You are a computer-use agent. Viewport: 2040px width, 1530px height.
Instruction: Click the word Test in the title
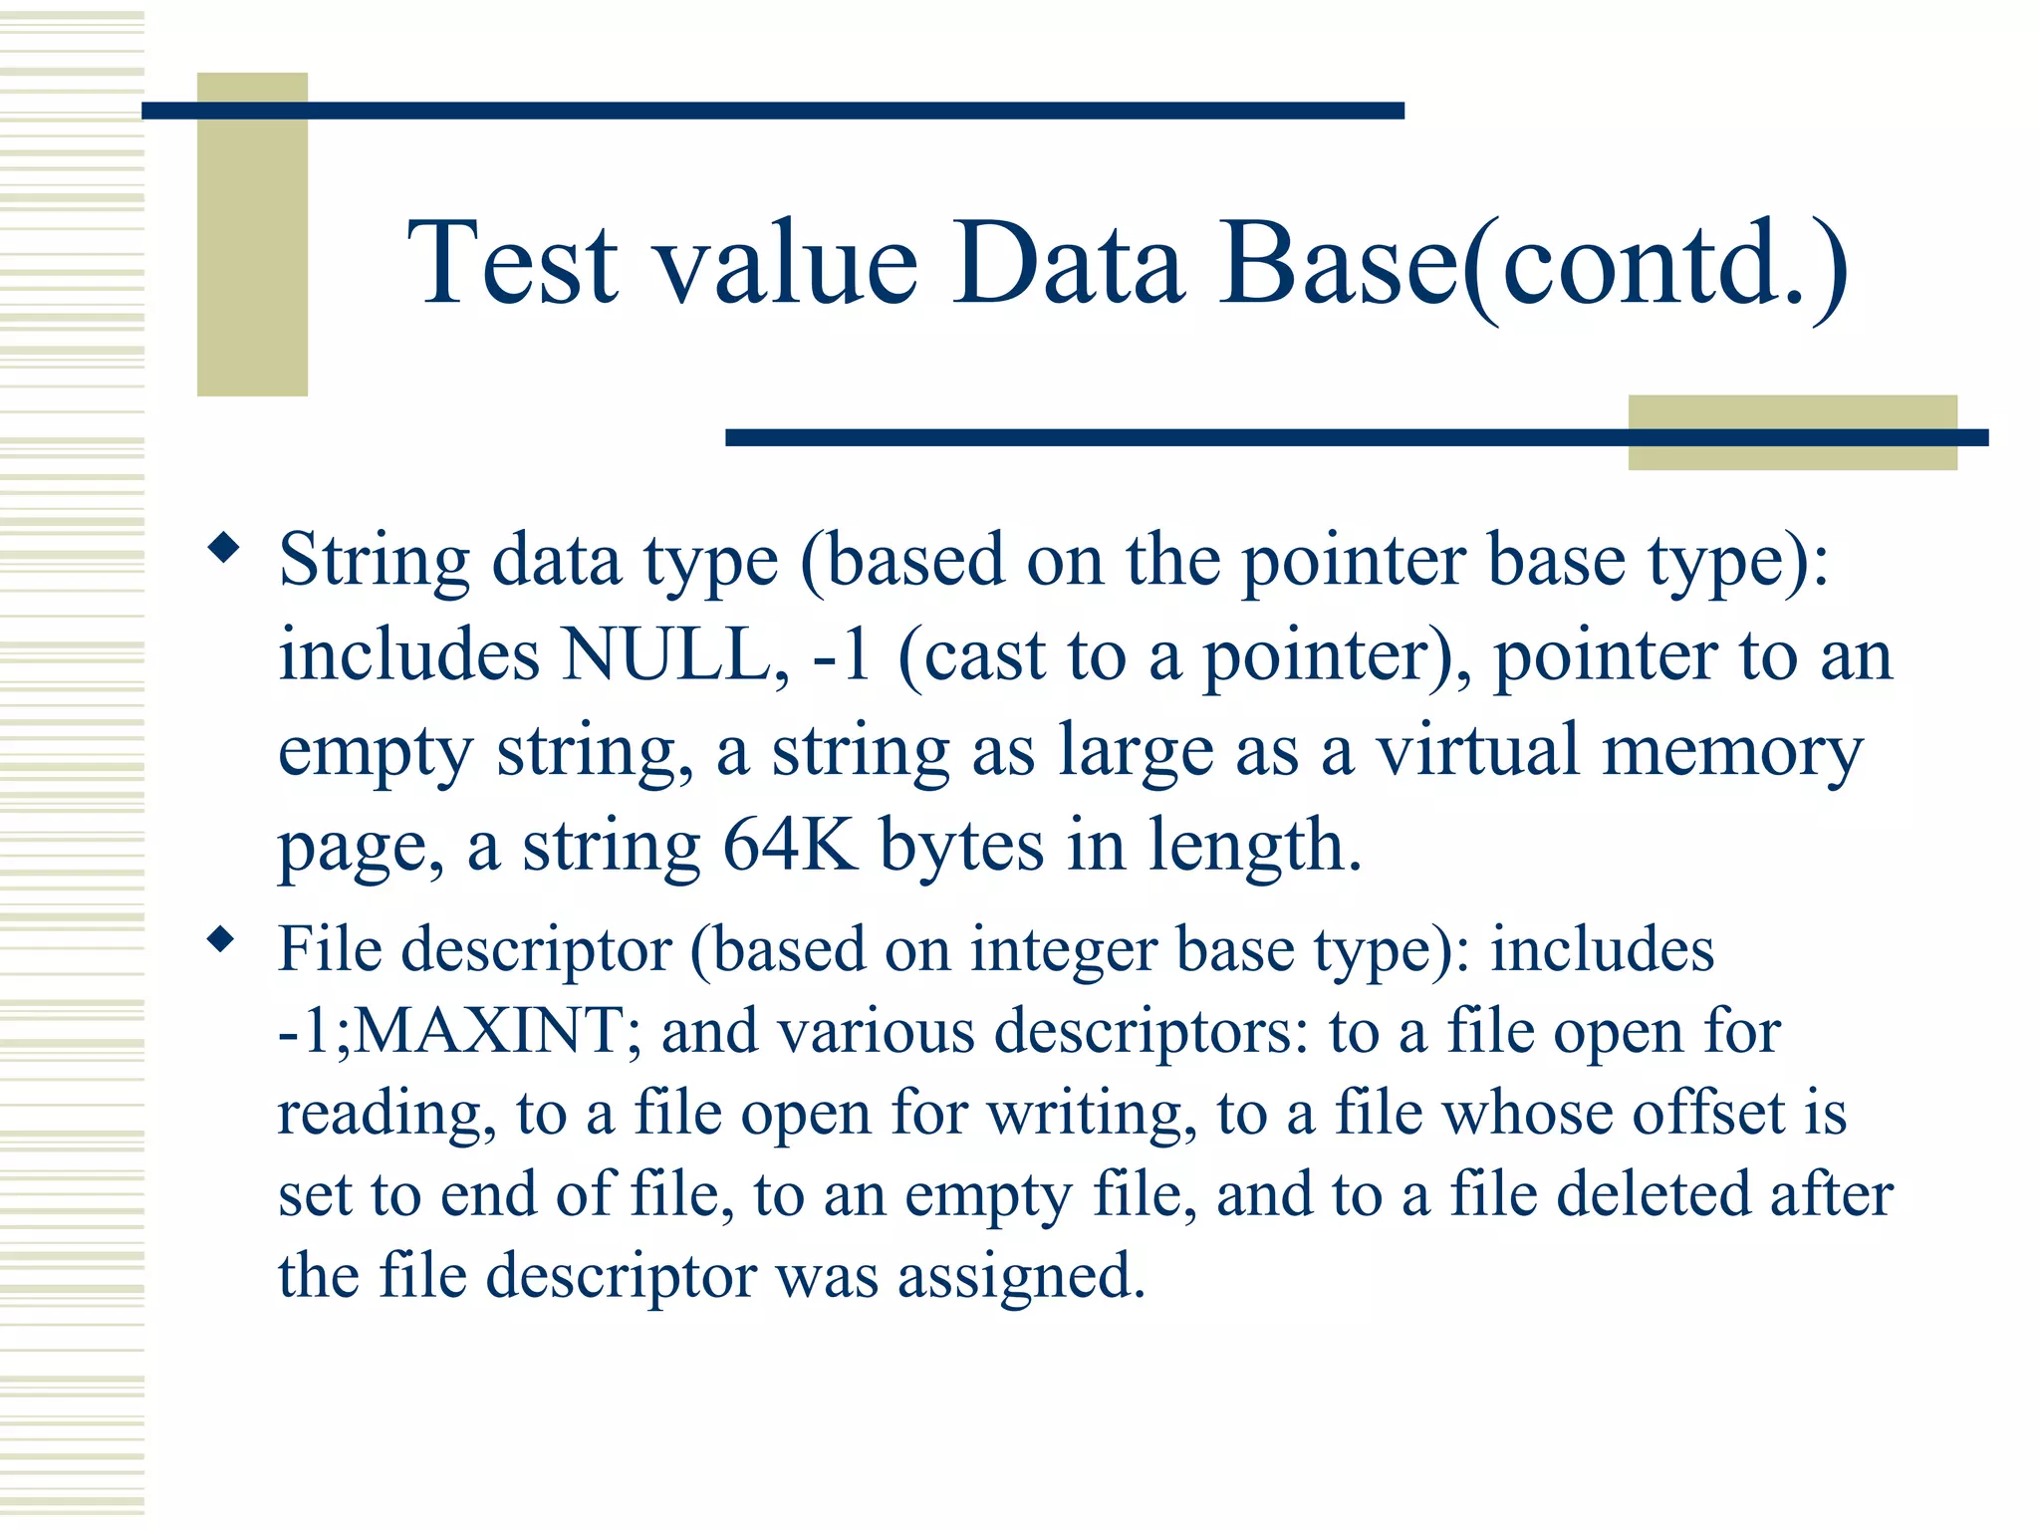pos(513,263)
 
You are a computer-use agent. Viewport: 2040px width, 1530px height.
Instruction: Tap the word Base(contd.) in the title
pos(1534,265)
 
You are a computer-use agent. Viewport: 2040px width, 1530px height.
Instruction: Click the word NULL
pos(665,656)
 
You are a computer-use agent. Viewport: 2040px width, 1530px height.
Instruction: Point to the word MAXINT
pos(488,1030)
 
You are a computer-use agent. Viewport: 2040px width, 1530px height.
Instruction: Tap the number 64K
pos(790,846)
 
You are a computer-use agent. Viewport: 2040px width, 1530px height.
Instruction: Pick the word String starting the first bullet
pos(374,563)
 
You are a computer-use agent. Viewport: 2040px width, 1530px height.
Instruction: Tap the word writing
pos(1086,1113)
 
